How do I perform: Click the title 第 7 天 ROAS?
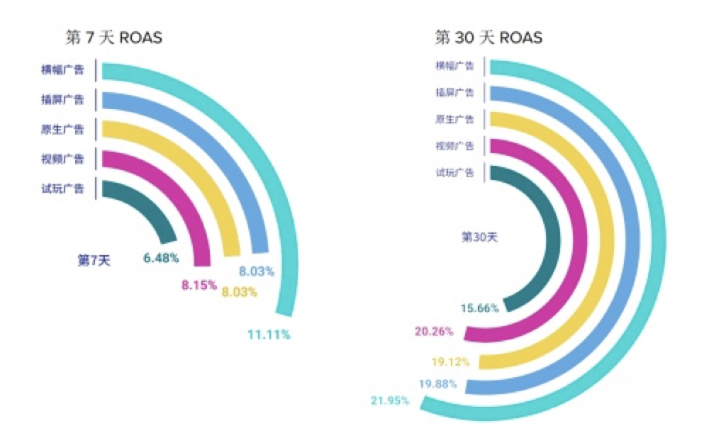click(113, 37)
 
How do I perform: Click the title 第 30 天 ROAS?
click(489, 37)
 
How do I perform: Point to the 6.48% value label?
click(160, 258)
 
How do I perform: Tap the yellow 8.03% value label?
click(240, 292)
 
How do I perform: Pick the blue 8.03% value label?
click(257, 270)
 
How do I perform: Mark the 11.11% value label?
click(269, 335)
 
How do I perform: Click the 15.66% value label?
click(480, 308)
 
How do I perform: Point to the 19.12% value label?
click(450, 361)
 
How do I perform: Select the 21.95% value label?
click(389, 400)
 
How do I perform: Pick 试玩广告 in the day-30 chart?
click(454, 172)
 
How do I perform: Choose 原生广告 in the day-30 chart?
click(454, 119)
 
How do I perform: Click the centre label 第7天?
click(94, 260)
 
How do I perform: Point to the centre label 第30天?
click(480, 237)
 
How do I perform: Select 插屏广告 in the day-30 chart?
click(454, 92)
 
